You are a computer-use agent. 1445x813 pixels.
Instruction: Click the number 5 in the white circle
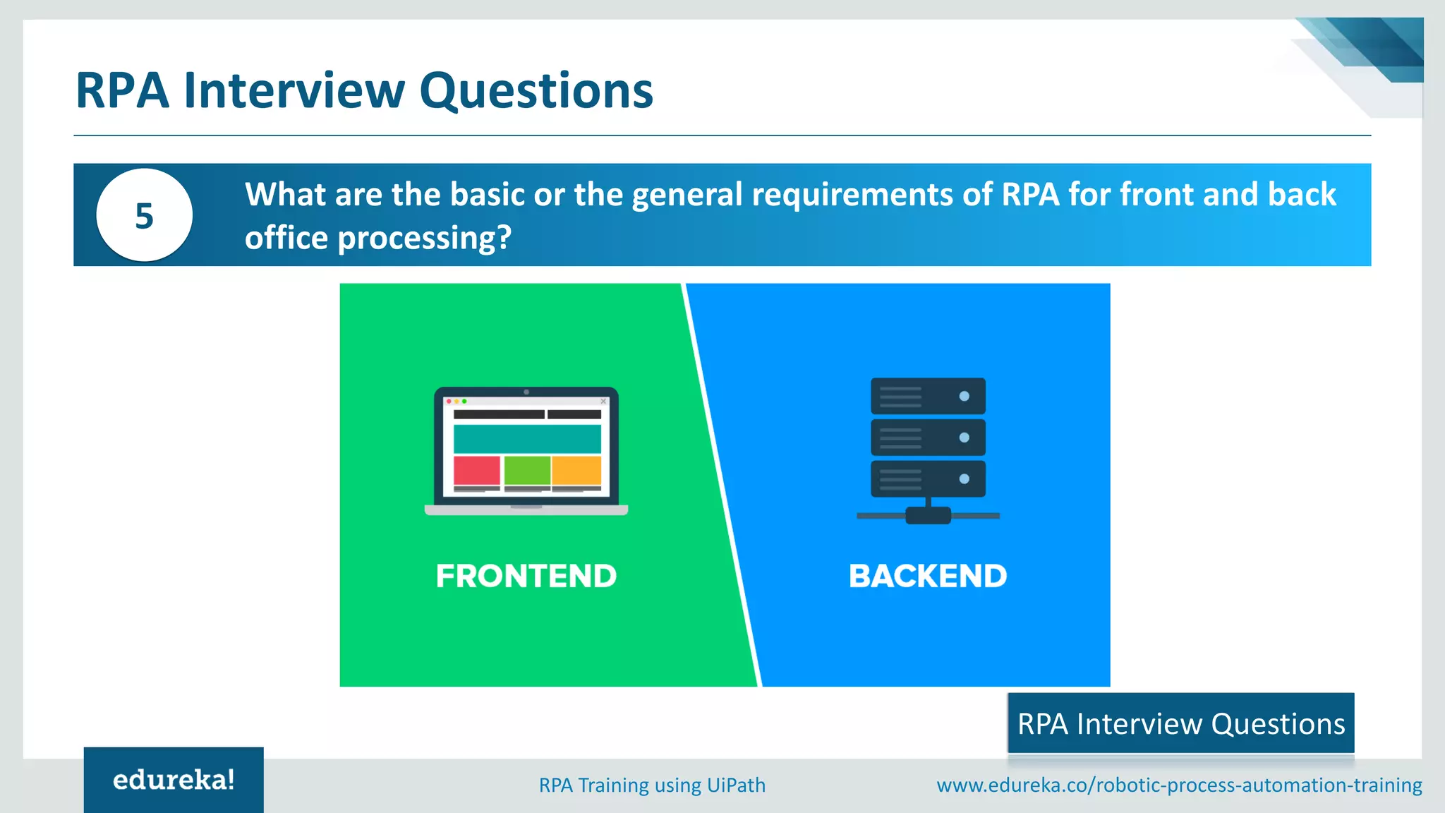144,216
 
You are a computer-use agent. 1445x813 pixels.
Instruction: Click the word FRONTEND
526,576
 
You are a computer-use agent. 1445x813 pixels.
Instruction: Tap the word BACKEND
928,576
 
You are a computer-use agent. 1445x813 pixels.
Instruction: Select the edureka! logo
174,780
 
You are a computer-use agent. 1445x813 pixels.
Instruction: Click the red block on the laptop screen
476,470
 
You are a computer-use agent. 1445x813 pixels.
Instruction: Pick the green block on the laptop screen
527,470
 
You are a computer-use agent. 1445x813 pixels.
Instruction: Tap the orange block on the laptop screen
576,470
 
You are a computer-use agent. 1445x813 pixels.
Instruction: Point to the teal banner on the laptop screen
527,439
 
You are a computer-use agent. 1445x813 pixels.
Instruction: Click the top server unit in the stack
928,396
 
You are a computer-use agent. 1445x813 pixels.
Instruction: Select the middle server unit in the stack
928,438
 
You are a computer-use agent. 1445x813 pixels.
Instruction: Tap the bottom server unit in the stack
928,479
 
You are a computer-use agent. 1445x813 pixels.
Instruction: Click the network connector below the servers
928,516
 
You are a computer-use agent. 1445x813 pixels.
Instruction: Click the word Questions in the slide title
536,91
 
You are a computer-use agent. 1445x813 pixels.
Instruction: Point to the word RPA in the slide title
122,91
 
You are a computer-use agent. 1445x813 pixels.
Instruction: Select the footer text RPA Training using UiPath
652,785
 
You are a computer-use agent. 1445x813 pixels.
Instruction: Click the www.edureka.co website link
1179,785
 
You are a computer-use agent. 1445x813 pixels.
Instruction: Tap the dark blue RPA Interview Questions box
1180,723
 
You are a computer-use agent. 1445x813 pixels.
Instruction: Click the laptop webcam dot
526,392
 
